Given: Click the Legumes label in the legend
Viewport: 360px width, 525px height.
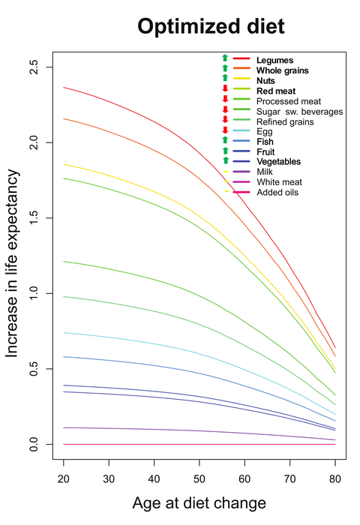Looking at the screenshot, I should tap(274, 59).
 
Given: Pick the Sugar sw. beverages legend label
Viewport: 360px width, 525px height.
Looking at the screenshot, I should tap(299, 111).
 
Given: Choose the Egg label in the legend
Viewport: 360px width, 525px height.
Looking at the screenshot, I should tap(265, 131).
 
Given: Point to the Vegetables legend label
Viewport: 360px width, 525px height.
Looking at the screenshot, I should tap(280, 161).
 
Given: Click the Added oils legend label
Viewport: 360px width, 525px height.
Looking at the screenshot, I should tap(277, 193).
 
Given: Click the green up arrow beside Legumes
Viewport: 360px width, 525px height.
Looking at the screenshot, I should tap(224, 58).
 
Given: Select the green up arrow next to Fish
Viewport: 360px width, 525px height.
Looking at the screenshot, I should tap(224, 140).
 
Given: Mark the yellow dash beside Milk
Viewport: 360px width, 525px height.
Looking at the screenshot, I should tap(225, 172).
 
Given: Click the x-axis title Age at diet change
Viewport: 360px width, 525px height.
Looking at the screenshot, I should tap(199, 502).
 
